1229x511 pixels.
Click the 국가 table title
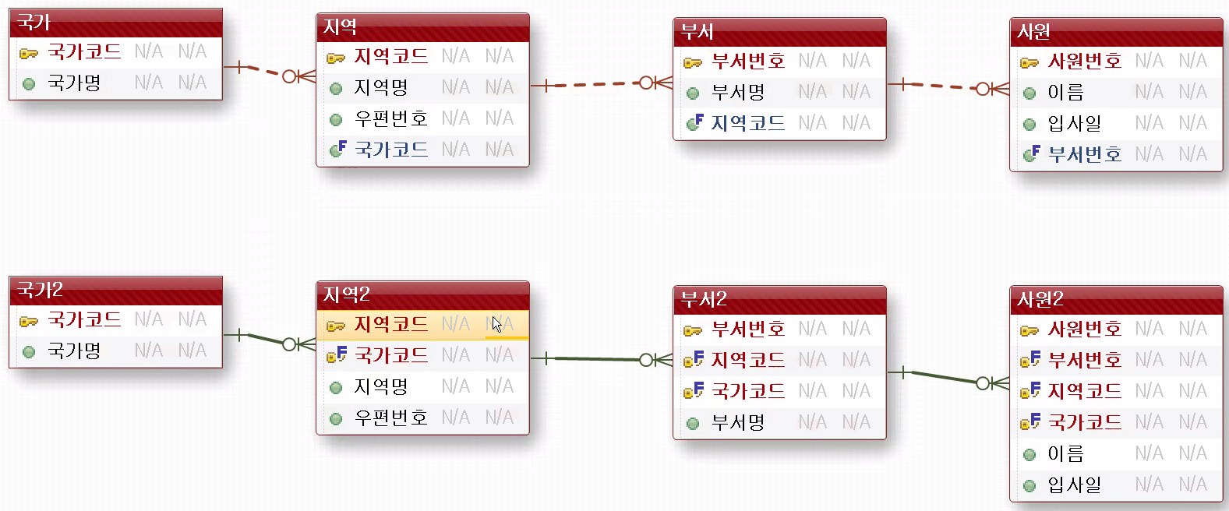point(34,23)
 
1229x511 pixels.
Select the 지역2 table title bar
point(347,294)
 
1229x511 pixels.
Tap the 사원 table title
point(1034,32)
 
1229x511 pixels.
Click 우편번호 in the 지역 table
point(390,118)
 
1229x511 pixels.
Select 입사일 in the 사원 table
point(1074,123)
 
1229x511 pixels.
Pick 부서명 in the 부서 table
point(737,93)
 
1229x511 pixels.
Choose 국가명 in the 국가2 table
point(74,351)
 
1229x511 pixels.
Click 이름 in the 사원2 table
point(1065,453)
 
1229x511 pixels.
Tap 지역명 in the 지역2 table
point(380,386)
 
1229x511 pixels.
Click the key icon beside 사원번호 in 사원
point(1029,62)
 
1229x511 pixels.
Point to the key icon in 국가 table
point(29,53)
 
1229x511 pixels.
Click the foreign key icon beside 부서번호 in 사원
point(1031,154)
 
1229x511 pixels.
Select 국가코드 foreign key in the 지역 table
point(390,150)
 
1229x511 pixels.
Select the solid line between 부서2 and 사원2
point(943,378)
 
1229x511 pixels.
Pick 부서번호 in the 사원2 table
point(1084,360)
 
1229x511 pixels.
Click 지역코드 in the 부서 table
point(747,123)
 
